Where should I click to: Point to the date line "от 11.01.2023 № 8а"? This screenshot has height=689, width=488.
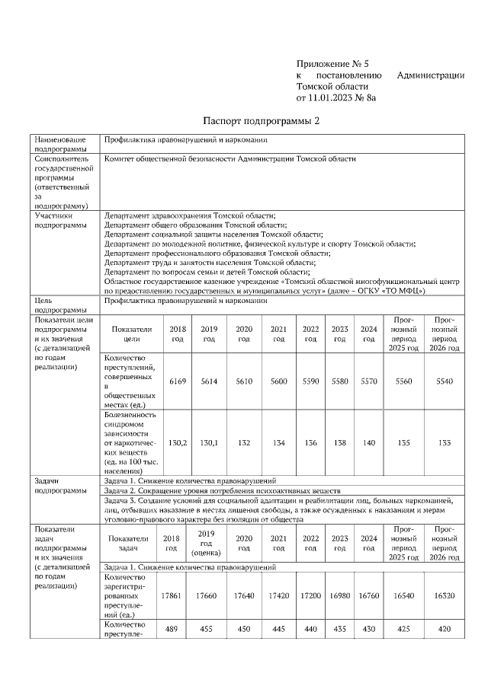click(336, 97)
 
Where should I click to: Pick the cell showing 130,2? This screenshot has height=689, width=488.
click(177, 441)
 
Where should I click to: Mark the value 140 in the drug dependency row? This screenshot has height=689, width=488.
click(369, 441)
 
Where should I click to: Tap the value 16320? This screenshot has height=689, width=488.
click(444, 594)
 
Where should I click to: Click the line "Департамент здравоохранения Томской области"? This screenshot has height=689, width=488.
click(190, 215)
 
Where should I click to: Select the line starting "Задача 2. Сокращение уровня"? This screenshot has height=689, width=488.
click(222, 491)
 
